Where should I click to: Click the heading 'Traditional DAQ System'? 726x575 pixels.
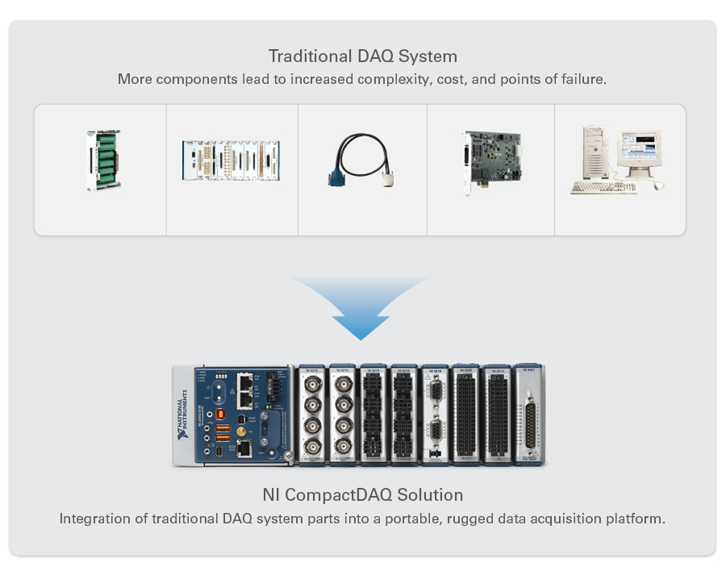[362, 56]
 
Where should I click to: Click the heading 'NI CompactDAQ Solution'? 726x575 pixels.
[362, 494]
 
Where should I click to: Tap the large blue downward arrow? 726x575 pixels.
[361, 310]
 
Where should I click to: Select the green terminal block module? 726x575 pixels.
[103, 160]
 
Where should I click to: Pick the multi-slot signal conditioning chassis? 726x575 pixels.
[231, 160]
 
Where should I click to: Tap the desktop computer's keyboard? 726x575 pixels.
[603, 187]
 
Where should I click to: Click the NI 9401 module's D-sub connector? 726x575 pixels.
[529, 419]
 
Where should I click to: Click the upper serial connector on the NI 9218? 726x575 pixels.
[435, 394]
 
